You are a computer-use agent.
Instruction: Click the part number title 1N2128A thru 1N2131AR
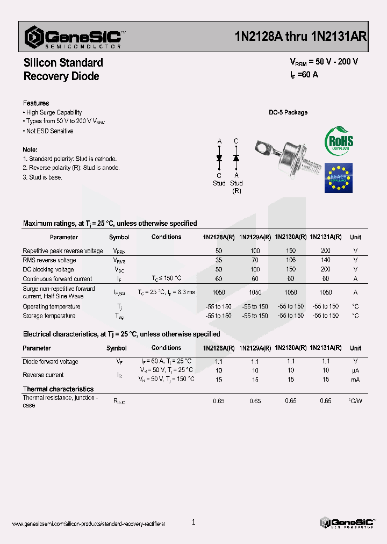tap(301, 37)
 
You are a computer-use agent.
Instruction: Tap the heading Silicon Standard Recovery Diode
tap(63, 69)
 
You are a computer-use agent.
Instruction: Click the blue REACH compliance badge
tap(338, 178)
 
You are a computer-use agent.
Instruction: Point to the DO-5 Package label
tap(288, 112)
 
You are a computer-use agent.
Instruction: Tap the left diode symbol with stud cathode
tap(219, 158)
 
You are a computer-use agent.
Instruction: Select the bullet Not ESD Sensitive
tap(49, 131)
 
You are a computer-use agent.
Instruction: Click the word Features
tap(36, 103)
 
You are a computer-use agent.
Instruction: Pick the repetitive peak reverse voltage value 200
tap(325, 251)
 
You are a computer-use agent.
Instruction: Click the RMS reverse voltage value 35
tap(219, 260)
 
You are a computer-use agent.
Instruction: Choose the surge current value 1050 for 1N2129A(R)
tap(255, 292)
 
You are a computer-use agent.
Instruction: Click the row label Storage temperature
tap(49, 316)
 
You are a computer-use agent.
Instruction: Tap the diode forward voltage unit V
tap(355, 362)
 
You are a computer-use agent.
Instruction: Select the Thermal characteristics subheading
tap(58, 389)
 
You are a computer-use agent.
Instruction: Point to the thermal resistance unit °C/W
tap(355, 401)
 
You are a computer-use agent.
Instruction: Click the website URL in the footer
tap(88, 523)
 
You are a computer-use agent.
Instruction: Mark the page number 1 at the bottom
tap(193, 522)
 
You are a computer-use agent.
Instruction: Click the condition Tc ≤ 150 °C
tap(167, 278)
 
